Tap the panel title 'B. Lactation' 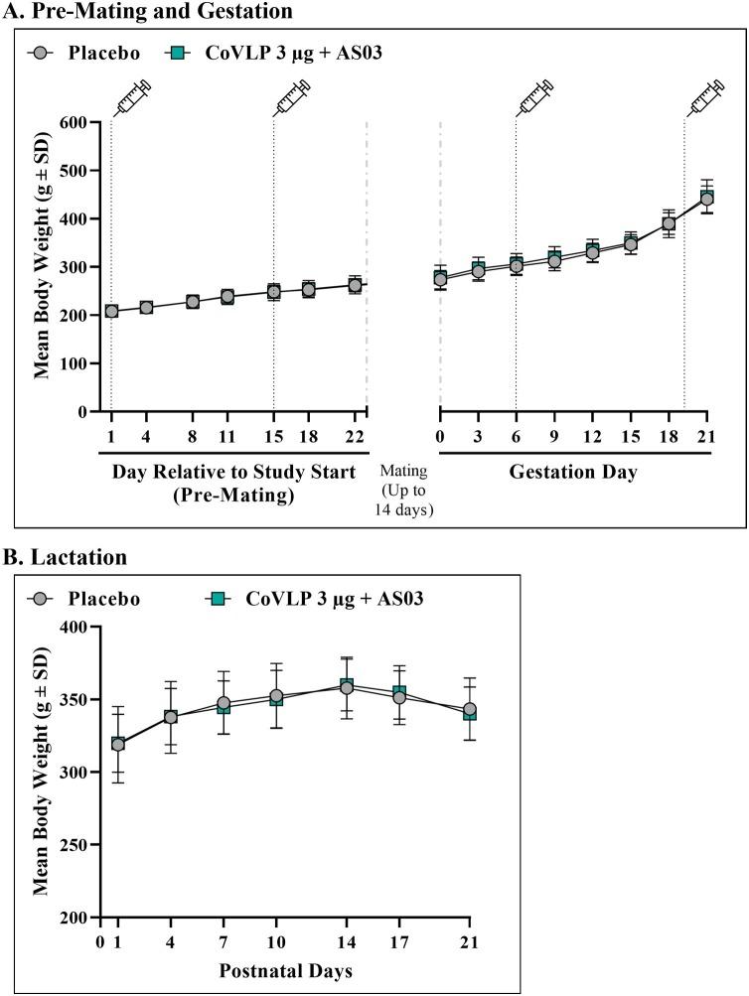66,560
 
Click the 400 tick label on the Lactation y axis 77,627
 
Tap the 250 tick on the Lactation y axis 77,845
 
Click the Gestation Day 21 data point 707,199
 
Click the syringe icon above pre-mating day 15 293,98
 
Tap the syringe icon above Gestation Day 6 535,98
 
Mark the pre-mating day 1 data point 111,311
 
